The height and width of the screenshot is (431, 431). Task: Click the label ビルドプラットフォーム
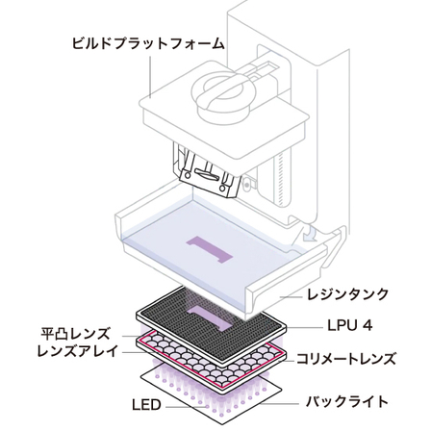click(x=148, y=43)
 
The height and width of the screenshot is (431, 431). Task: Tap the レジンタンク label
click(x=347, y=294)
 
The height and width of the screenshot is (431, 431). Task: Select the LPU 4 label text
click(x=350, y=326)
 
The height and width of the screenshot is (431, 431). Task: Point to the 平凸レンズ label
click(x=76, y=334)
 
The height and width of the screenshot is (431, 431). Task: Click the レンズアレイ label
click(x=77, y=351)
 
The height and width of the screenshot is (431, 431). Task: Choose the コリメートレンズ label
click(x=346, y=359)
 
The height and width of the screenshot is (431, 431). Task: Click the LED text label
click(x=146, y=405)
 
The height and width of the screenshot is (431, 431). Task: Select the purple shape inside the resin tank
click(x=209, y=250)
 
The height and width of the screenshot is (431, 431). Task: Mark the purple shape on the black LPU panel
click(x=209, y=318)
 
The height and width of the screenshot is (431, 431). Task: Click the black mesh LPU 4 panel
click(x=212, y=324)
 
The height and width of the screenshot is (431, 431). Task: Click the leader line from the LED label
click(x=187, y=407)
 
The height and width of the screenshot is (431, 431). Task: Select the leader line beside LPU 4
click(x=305, y=328)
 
